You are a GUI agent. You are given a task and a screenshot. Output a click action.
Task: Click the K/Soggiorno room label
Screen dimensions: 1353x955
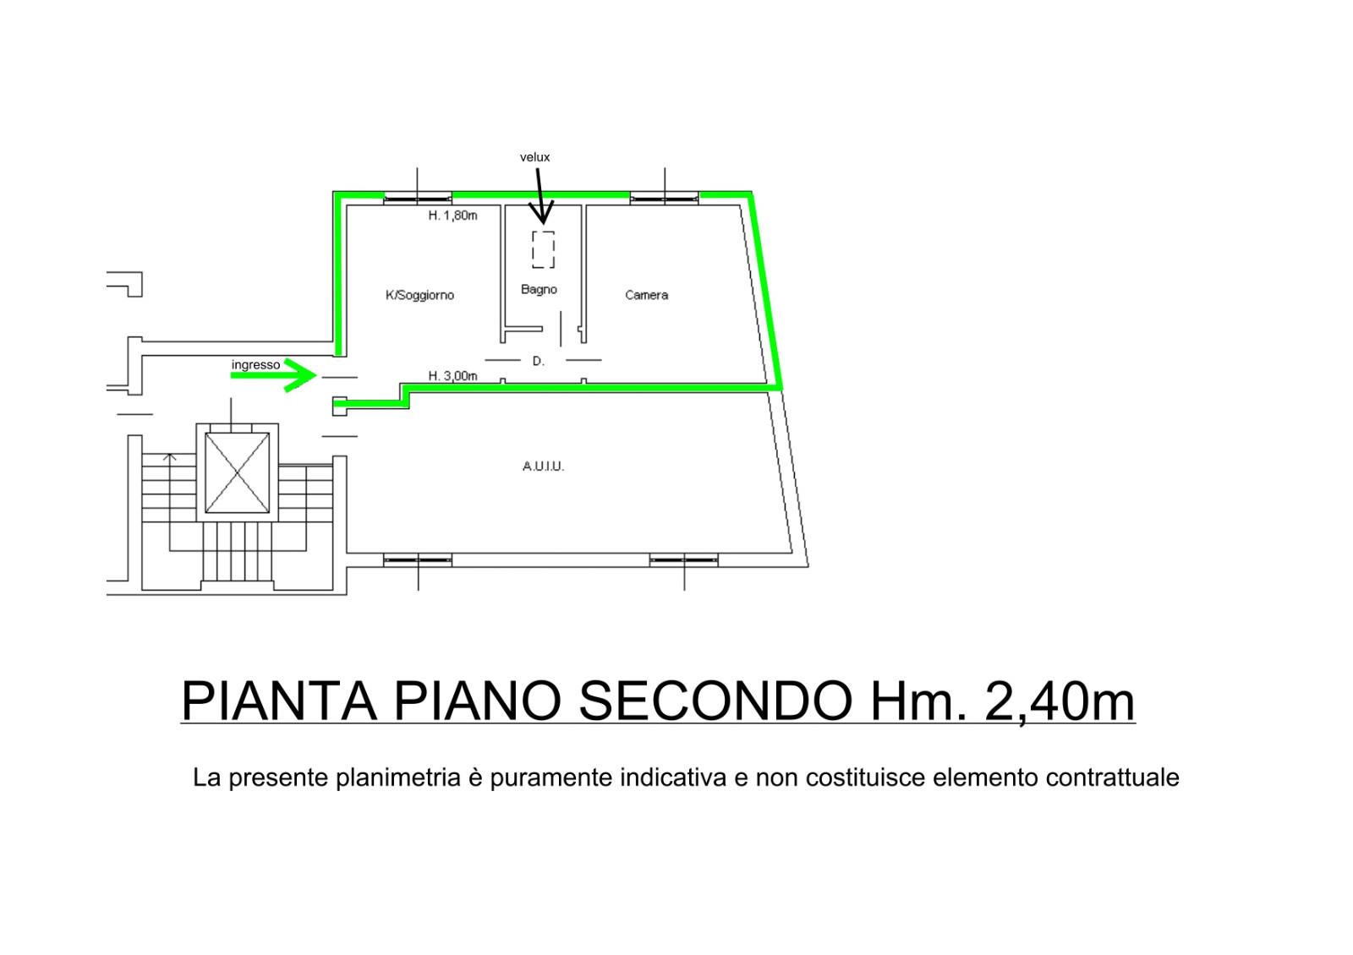419,295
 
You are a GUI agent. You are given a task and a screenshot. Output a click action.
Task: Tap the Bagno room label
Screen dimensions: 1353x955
539,290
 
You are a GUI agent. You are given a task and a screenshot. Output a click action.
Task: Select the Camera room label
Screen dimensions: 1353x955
646,295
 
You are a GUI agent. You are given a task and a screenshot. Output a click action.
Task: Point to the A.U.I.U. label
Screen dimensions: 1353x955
543,466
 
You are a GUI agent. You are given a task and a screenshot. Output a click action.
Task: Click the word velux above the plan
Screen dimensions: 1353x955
534,157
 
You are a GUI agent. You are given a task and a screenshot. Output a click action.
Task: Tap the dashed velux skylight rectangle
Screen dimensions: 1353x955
543,249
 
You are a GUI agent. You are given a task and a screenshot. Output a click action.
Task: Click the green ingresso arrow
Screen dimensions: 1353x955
274,375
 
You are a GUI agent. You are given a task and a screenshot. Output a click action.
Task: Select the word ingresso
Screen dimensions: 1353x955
255,364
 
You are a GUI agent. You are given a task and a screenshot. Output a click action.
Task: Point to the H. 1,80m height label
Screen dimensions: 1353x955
452,216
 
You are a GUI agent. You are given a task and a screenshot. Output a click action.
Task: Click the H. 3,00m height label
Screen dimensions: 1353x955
452,376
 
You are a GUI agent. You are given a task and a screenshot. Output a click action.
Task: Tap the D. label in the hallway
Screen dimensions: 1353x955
538,361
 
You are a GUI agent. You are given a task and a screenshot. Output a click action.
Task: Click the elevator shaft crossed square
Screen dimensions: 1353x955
237,472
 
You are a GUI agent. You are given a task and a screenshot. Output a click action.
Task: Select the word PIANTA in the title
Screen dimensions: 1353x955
279,701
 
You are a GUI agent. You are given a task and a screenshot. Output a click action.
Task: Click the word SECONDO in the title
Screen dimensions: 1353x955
715,701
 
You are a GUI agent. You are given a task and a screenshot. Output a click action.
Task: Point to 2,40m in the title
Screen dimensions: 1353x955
1060,701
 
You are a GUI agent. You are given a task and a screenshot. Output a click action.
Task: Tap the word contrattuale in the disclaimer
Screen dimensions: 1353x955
1113,778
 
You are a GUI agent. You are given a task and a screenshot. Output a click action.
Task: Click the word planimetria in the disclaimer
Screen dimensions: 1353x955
398,778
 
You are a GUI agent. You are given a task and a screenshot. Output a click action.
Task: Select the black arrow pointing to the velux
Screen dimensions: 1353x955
540,195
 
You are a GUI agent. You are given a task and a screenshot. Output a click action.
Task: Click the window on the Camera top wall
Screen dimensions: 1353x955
665,198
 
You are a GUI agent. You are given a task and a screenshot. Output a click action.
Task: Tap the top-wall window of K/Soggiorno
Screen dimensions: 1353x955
418,198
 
